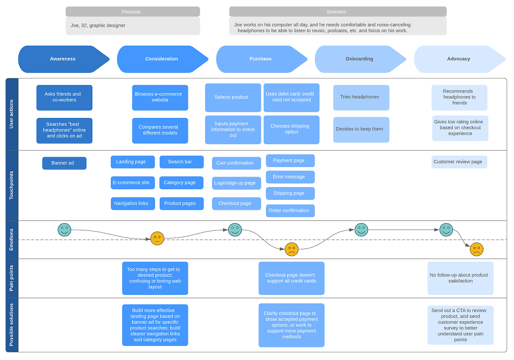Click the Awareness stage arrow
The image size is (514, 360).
(x=63, y=59)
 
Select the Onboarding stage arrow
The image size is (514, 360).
(x=359, y=59)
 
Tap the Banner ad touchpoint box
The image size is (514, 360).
(x=64, y=163)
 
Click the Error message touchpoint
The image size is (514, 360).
(x=290, y=177)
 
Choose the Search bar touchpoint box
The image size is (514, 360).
(x=181, y=162)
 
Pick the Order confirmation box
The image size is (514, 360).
(x=290, y=211)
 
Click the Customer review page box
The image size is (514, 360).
(x=459, y=162)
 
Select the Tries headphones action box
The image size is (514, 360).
(x=361, y=97)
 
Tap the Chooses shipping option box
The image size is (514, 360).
(x=291, y=129)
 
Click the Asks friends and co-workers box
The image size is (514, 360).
(x=64, y=97)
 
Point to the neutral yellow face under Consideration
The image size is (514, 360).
(x=157, y=238)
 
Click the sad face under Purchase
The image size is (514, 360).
(x=292, y=249)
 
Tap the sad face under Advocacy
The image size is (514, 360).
(x=476, y=249)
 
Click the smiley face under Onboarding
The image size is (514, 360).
(x=361, y=230)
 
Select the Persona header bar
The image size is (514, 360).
(x=133, y=12)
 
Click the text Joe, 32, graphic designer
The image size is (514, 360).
(x=98, y=26)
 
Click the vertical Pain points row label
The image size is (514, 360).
(x=12, y=278)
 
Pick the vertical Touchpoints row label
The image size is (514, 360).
(x=12, y=185)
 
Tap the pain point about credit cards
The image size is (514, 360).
(x=291, y=278)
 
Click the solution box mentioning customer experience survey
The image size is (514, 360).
(x=460, y=325)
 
